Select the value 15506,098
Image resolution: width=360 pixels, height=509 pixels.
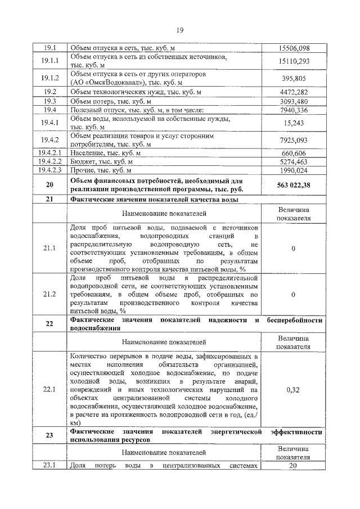point(294,48)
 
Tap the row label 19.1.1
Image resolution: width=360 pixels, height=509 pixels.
point(49,61)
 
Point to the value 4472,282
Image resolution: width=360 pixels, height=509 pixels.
point(294,92)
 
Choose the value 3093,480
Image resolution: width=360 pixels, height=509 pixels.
point(294,101)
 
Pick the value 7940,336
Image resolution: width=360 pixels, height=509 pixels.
point(294,110)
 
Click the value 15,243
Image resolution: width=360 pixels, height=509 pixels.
point(294,123)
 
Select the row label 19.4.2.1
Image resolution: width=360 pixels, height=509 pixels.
point(49,153)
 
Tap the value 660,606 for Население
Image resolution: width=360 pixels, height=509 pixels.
point(294,153)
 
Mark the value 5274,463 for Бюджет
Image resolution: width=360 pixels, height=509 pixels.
point(294,161)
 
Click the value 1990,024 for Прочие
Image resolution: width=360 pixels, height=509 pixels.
point(294,170)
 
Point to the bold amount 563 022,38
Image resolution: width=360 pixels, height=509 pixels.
point(294,185)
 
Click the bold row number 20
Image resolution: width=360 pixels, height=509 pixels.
point(49,185)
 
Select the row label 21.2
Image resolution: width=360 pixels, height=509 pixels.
point(49,294)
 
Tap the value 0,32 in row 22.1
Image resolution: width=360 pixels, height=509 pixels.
point(294,389)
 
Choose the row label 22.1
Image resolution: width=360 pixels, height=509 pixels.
point(49,389)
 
